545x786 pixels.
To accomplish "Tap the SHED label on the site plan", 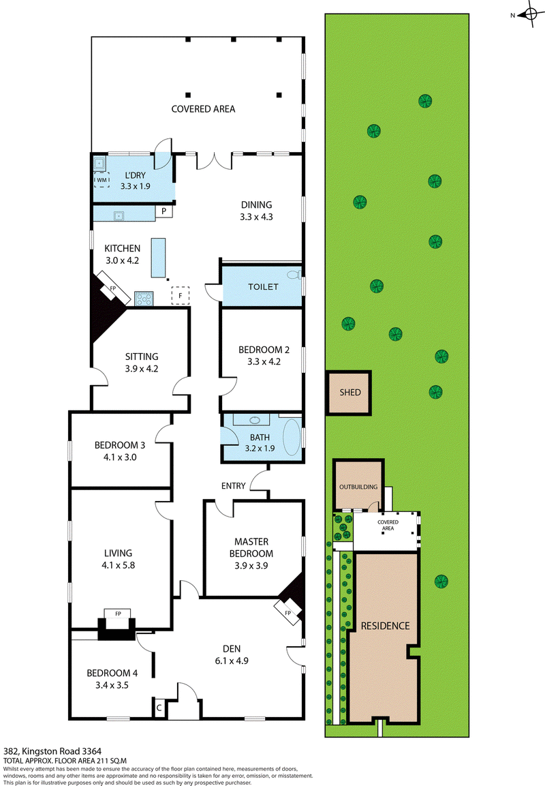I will coord(350,393).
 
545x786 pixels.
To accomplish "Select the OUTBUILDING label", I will coord(357,487).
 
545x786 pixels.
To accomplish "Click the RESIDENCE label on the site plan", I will coord(385,625).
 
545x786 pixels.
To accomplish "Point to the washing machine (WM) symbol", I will coord(101,180).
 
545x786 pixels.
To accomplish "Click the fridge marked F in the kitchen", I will coord(181,296).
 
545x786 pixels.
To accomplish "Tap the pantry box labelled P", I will coord(164,212).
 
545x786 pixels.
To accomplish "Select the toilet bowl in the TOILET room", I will coord(294,275).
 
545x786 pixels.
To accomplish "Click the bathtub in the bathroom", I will coord(292,437).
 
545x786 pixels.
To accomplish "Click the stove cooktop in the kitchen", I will coord(144,297).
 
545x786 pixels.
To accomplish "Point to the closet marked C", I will coord(158,708).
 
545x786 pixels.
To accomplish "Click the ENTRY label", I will coord(233,485).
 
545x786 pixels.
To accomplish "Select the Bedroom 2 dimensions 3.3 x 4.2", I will coord(264,362).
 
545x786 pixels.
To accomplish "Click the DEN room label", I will coord(232,648).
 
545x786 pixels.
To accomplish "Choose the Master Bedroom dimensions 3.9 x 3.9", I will coord(249,565).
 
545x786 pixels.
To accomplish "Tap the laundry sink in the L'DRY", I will coord(100,163).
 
